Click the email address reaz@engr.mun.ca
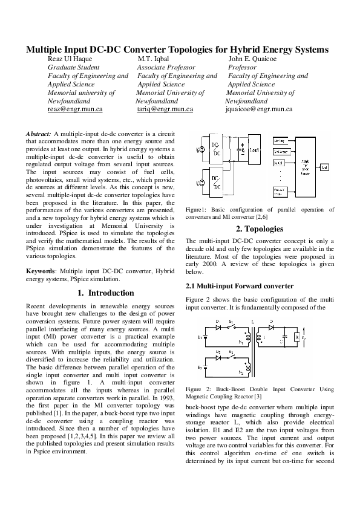tap(74, 110)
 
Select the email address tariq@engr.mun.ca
tap(165, 110)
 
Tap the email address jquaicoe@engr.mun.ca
tap(259, 110)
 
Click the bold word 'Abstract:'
tap(39, 133)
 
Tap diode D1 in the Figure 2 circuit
tap(218, 327)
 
